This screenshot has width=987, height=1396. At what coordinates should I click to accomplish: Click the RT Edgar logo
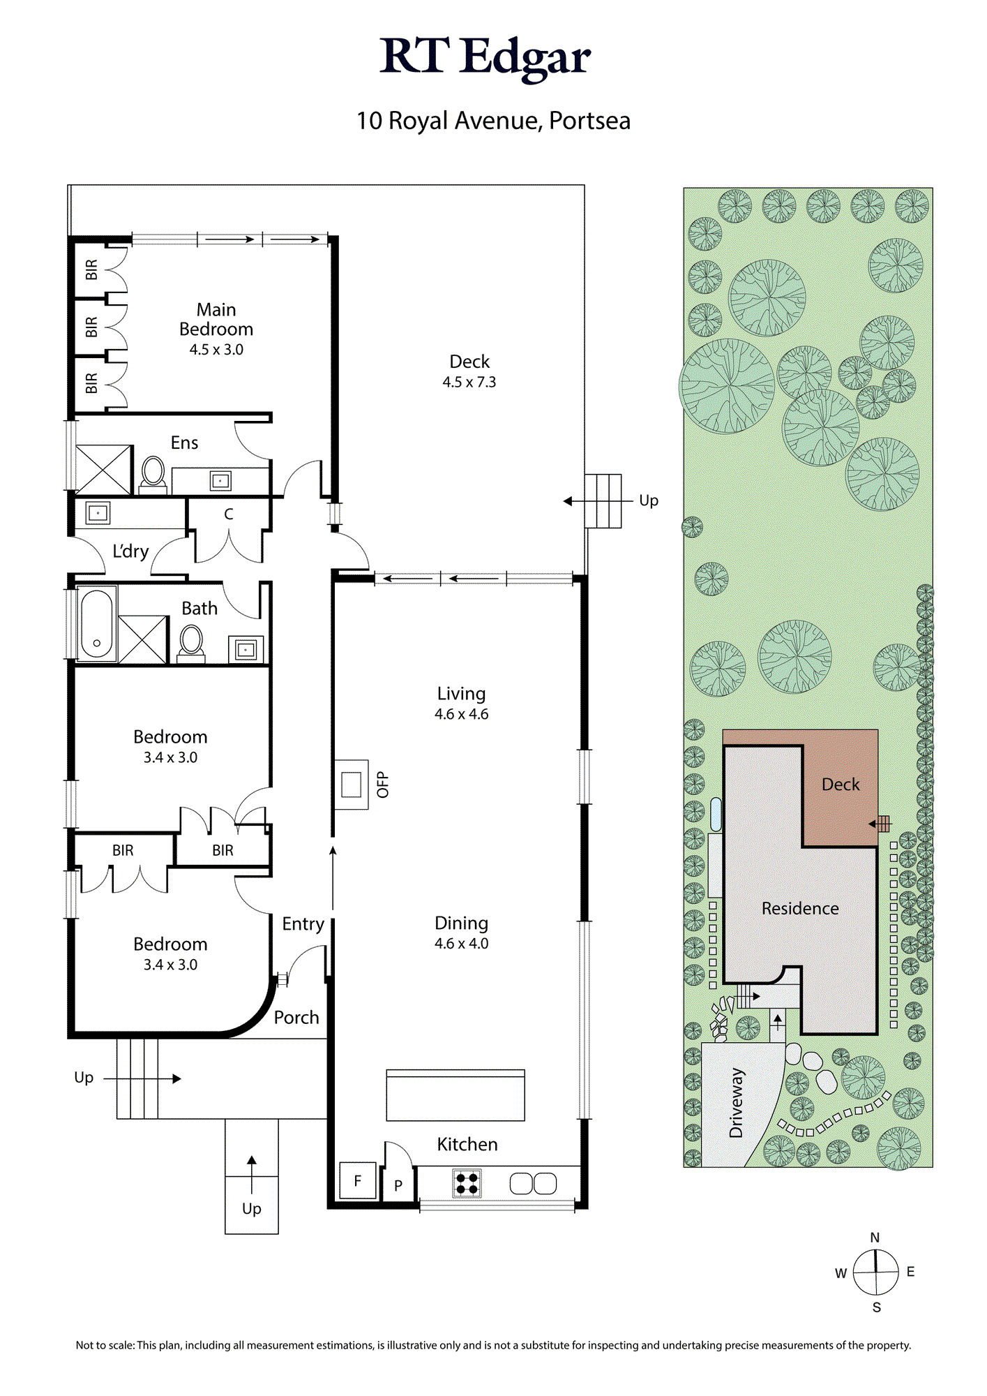(485, 57)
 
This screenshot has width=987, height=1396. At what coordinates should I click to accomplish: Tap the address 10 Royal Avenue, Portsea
(493, 121)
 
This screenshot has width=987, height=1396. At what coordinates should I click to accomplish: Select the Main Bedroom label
(216, 319)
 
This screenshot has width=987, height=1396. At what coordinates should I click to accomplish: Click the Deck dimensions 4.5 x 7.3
(469, 383)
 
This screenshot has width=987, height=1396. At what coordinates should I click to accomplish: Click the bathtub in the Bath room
(96, 624)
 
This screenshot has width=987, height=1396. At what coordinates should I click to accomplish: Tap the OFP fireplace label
(382, 785)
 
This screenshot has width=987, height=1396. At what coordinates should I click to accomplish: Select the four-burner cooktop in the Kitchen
(467, 1184)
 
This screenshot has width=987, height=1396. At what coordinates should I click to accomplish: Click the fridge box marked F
(358, 1180)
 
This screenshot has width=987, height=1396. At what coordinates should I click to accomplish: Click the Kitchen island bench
(455, 1095)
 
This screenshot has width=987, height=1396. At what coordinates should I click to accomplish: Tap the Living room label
(461, 694)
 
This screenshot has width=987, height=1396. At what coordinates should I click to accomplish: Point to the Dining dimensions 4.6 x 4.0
(462, 944)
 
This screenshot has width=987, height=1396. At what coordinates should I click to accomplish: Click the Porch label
(296, 1018)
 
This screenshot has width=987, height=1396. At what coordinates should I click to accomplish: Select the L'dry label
(131, 551)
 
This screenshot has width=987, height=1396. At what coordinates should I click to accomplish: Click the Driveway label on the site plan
(737, 1103)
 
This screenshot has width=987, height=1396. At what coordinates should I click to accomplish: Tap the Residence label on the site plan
(800, 908)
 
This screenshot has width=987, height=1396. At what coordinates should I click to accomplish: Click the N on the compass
(875, 1238)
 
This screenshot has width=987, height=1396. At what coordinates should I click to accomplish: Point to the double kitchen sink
(534, 1183)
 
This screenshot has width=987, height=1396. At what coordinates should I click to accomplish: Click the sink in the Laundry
(98, 513)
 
